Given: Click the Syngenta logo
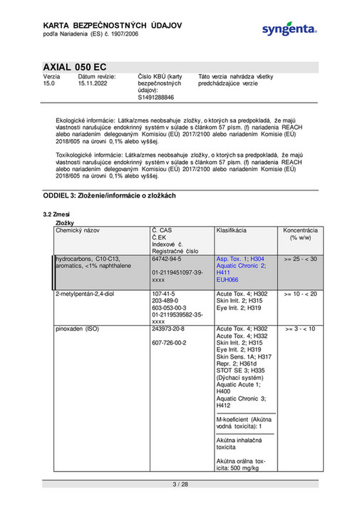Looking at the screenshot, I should pos(288,29).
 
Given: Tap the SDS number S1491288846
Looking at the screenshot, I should pos(155,98).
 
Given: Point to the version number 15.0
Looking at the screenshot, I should pos(49,83).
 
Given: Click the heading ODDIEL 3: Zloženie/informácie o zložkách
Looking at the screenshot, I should pos(110,195).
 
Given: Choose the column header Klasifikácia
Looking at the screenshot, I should pos(232,232).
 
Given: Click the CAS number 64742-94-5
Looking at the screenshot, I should pos(168,259).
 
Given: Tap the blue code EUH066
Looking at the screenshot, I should pos(228,280).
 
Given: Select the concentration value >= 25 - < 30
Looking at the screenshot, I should pos(300,259).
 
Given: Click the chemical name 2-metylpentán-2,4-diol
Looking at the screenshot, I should pos(87,294).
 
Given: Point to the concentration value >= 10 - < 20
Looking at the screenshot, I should pos(300,294).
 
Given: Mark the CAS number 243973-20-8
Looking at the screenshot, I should pos(170,329).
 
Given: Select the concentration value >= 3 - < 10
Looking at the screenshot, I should pos(300,329).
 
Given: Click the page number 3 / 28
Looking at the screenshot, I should pos(180,485).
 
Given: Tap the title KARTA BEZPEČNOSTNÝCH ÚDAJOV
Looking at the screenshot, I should pos(112,26).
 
